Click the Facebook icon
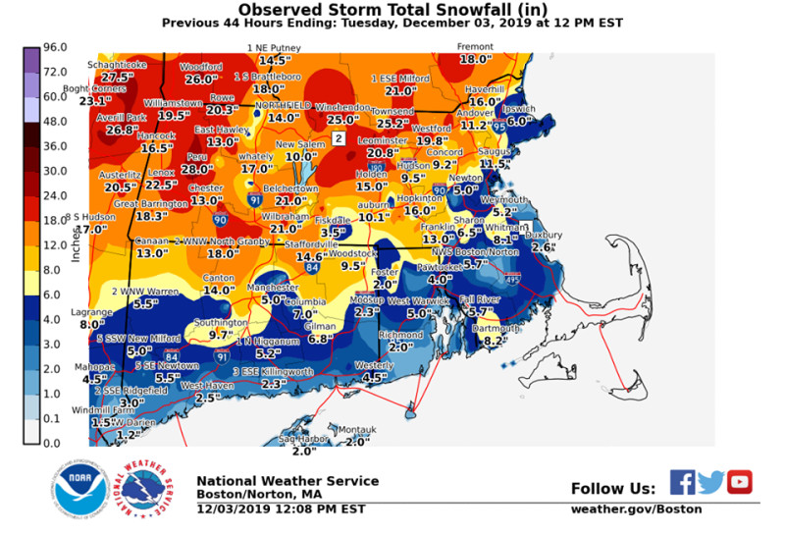click(x=683, y=482)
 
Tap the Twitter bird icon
click(x=711, y=482)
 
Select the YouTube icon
click(x=740, y=482)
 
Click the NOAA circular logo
click(x=76, y=486)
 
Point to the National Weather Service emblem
click(x=144, y=486)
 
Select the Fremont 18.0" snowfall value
click(x=475, y=59)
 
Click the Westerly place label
click(x=374, y=365)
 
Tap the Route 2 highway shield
click(x=339, y=139)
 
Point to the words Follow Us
click(x=612, y=488)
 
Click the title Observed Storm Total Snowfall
click(x=392, y=9)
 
